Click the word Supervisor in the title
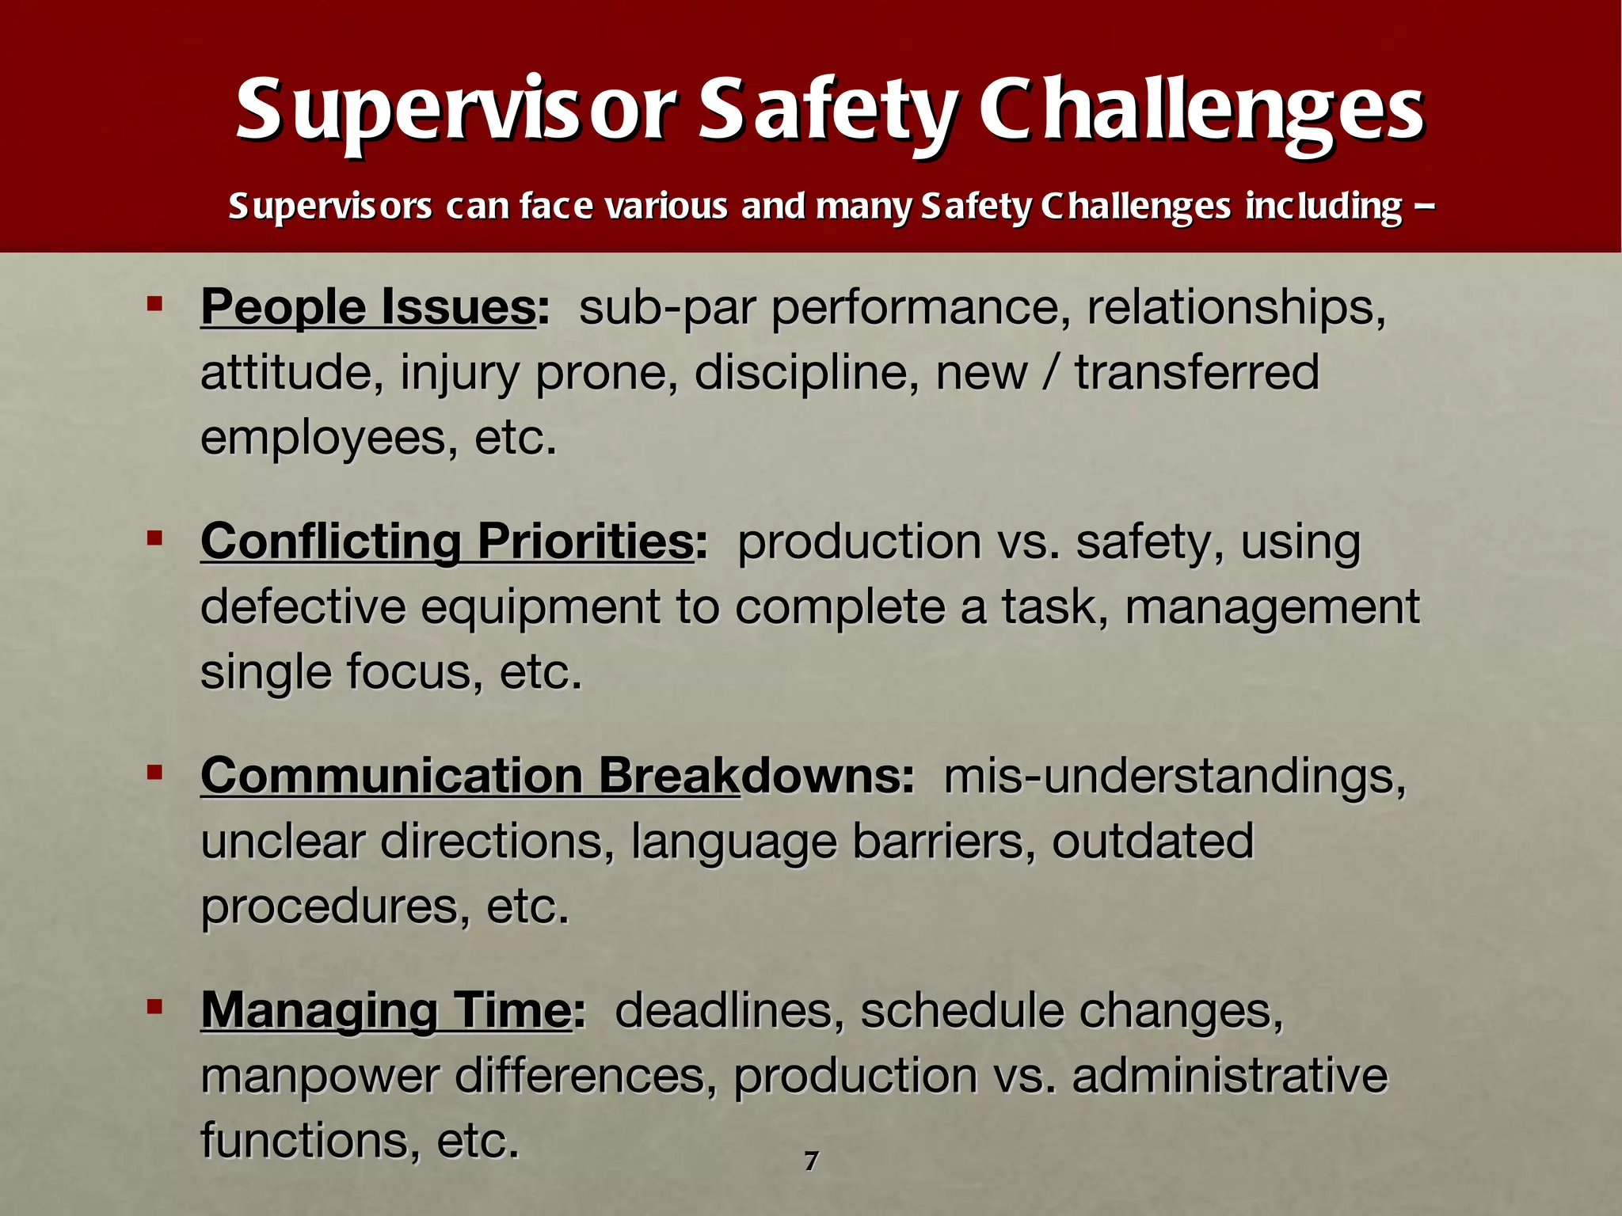tap(455, 111)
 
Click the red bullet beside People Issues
tap(154, 303)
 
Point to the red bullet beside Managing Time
tap(154, 1007)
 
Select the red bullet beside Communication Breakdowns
tap(154, 772)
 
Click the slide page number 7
tap(810, 1161)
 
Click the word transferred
tap(1197, 372)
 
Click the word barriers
tap(943, 841)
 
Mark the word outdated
tap(1152, 841)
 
